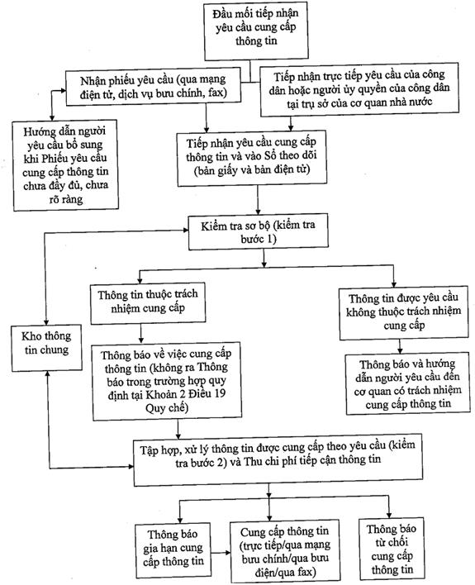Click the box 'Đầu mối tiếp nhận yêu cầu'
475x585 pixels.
(256, 31)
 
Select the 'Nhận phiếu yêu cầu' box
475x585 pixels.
(153, 87)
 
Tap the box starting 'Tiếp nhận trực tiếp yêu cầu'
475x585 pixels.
(359, 88)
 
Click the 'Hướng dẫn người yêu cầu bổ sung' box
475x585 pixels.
(65, 165)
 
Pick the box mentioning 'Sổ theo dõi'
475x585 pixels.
(252, 158)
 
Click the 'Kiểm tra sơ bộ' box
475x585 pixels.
(259, 231)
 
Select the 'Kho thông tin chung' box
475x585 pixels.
(46, 348)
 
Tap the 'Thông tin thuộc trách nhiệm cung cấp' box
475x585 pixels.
(148, 303)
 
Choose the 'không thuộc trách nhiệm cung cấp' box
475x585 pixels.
(404, 312)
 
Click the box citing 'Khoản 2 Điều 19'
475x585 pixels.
(167, 381)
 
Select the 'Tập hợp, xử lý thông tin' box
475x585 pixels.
(278, 459)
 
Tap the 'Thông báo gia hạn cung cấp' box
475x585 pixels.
(173, 550)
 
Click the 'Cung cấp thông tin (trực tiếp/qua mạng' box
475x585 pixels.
(285, 551)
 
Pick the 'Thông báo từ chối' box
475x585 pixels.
(392, 549)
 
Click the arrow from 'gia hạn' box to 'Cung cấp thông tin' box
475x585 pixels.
(221, 553)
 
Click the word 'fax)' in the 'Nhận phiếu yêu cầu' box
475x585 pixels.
(217, 93)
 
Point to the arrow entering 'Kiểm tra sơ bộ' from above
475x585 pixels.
(258, 200)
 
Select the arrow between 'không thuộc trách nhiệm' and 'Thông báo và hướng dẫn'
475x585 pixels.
(400, 346)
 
